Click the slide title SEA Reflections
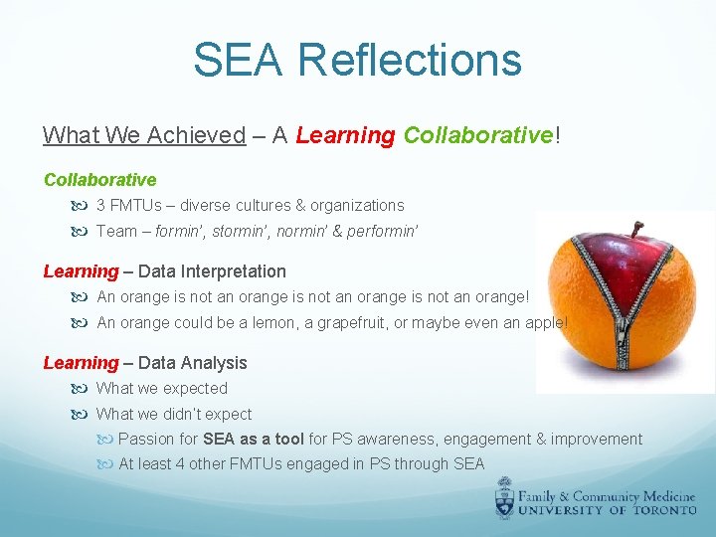click(357, 59)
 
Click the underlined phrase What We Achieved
click(143, 135)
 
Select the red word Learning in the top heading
click(345, 135)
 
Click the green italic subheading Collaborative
click(99, 180)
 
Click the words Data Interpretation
click(212, 271)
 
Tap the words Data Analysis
click(193, 363)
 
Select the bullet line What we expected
click(161, 389)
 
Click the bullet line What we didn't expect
click(173, 415)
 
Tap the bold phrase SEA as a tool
click(254, 440)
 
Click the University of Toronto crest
click(506, 497)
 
